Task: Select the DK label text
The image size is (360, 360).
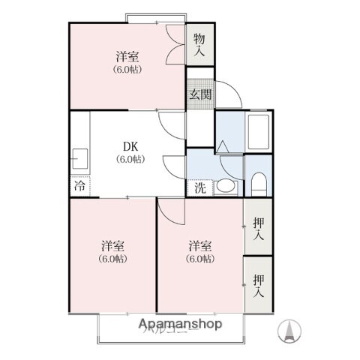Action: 129,147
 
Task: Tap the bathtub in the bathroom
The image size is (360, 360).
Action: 259,133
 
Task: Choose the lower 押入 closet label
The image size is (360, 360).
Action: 259,285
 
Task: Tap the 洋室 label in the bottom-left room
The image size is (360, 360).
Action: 112,246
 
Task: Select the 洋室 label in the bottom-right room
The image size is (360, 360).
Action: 200,246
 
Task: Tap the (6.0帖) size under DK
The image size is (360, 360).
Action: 129,159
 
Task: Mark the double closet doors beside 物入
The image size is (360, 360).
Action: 175,47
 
